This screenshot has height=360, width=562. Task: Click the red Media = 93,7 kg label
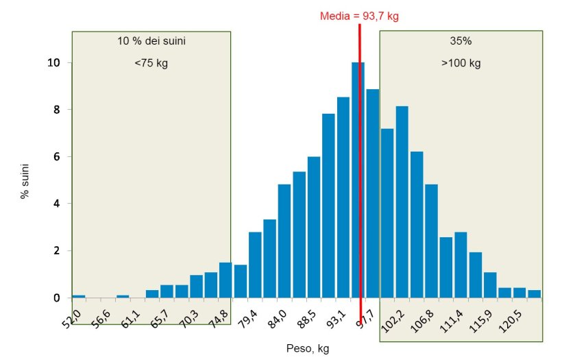[359, 16]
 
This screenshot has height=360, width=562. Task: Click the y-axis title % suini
[25, 180]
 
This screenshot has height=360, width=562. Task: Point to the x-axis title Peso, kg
[308, 349]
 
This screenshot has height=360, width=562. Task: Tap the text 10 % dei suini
[151, 41]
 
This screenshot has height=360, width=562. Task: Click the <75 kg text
[151, 64]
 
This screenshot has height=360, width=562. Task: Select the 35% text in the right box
[461, 41]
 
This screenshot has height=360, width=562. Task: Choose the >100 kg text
[461, 64]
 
